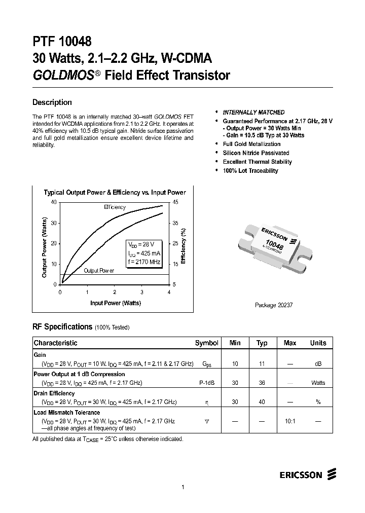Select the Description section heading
point(52,102)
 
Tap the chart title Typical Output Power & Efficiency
point(115,193)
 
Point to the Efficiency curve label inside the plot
point(115,207)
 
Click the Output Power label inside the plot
point(99,271)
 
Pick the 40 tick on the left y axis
point(54,203)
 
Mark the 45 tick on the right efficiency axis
point(176,203)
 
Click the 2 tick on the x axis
point(115,292)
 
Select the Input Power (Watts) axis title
point(116,303)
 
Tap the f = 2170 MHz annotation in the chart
point(144,262)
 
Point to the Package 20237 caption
point(274,306)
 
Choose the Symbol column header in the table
point(206,343)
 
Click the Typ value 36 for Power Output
point(262,383)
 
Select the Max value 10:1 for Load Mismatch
point(290,421)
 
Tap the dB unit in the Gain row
point(318,364)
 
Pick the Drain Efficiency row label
point(54,393)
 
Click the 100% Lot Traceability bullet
point(250,171)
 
